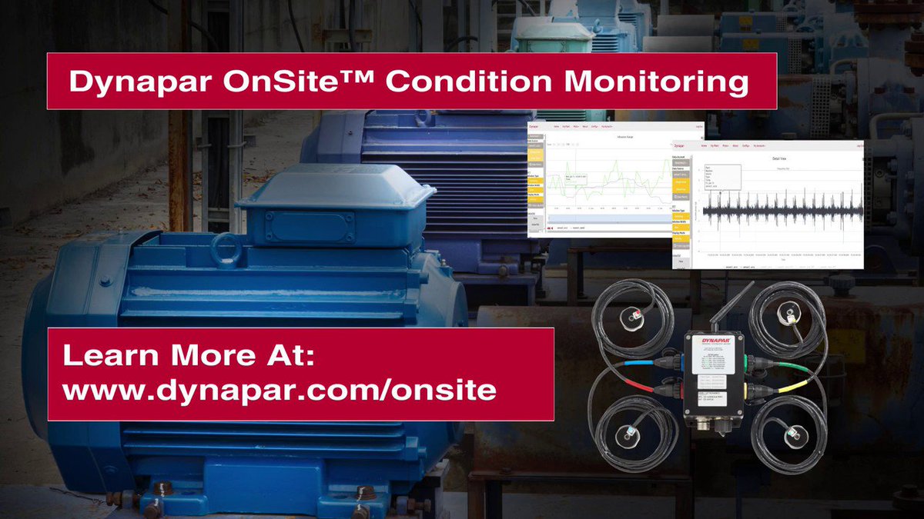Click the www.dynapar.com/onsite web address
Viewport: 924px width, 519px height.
click(x=279, y=391)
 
